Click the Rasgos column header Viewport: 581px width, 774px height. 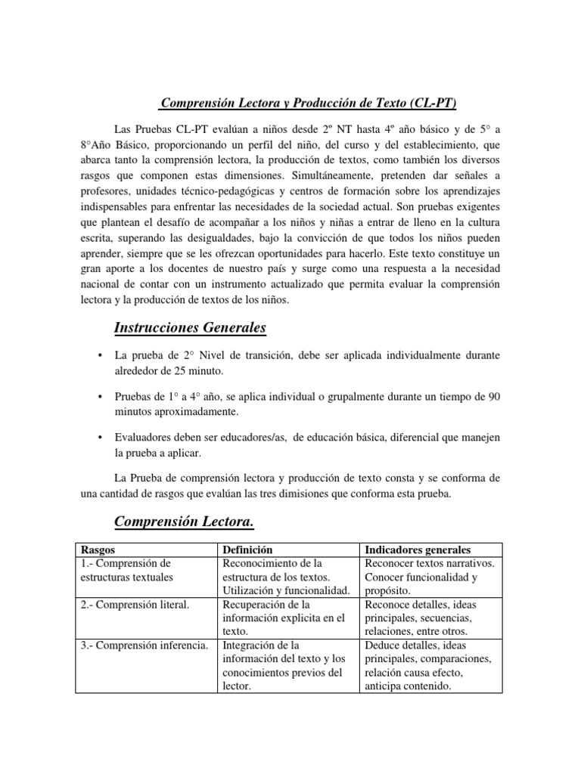point(98,550)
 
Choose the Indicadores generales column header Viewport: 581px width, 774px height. point(417,550)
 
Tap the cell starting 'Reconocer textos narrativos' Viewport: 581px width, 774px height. point(429,576)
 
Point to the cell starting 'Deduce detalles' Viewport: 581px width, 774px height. point(427,665)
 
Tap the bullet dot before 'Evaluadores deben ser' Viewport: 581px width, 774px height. point(101,438)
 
